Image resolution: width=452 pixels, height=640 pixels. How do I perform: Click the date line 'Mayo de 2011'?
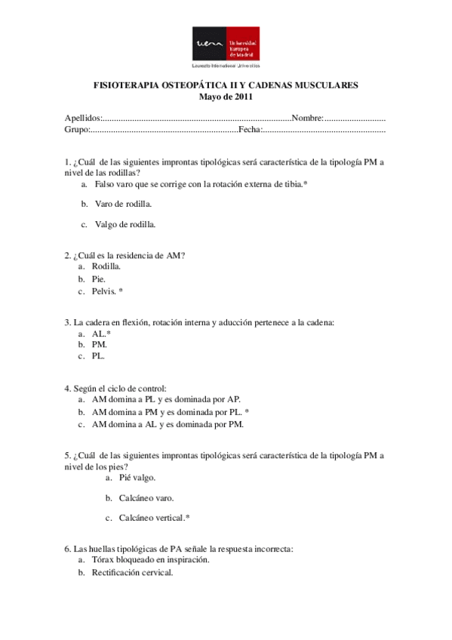[225, 97]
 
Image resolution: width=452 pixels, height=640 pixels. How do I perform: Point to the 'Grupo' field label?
[77, 130]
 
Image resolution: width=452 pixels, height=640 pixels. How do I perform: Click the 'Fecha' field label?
[250, 130]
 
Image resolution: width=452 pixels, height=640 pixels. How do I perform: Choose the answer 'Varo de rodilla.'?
[123, 204]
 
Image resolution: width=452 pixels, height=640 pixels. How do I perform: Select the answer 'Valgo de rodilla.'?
[125, 224]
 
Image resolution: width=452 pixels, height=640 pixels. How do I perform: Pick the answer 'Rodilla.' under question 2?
[106, 266]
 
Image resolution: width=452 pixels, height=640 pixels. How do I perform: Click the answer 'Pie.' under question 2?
[99, 278]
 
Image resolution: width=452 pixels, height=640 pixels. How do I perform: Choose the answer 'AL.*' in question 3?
[101, 333]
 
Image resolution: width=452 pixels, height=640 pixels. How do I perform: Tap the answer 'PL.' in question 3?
[99, 355]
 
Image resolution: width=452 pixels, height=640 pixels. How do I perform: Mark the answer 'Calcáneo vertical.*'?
[155, 518]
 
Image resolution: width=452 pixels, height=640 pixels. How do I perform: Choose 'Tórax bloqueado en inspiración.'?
[150, 561]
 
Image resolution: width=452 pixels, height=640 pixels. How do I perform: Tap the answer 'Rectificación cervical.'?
[132, 573]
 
